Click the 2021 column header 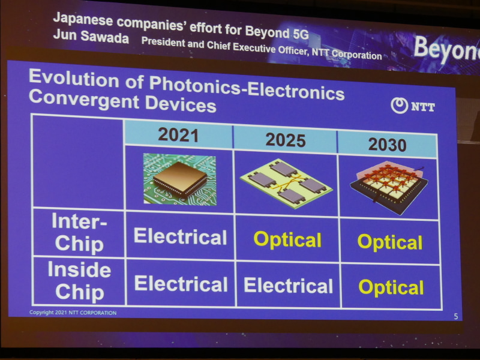[178, 134]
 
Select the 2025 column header [285, 140]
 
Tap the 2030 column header [387, 145]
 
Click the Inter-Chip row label [77, 233]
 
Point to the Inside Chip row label [79, 281]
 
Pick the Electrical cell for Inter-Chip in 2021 [180, 236]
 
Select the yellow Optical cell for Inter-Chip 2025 [287, 239]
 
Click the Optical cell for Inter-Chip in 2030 [390, 242]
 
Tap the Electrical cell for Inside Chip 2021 [181, 283]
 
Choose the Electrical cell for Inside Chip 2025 [287, 286]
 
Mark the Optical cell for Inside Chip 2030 [391, 287]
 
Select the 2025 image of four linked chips [286, 182]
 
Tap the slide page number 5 [455, 316]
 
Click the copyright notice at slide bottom [73, 313]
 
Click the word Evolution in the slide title [76, 78]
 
